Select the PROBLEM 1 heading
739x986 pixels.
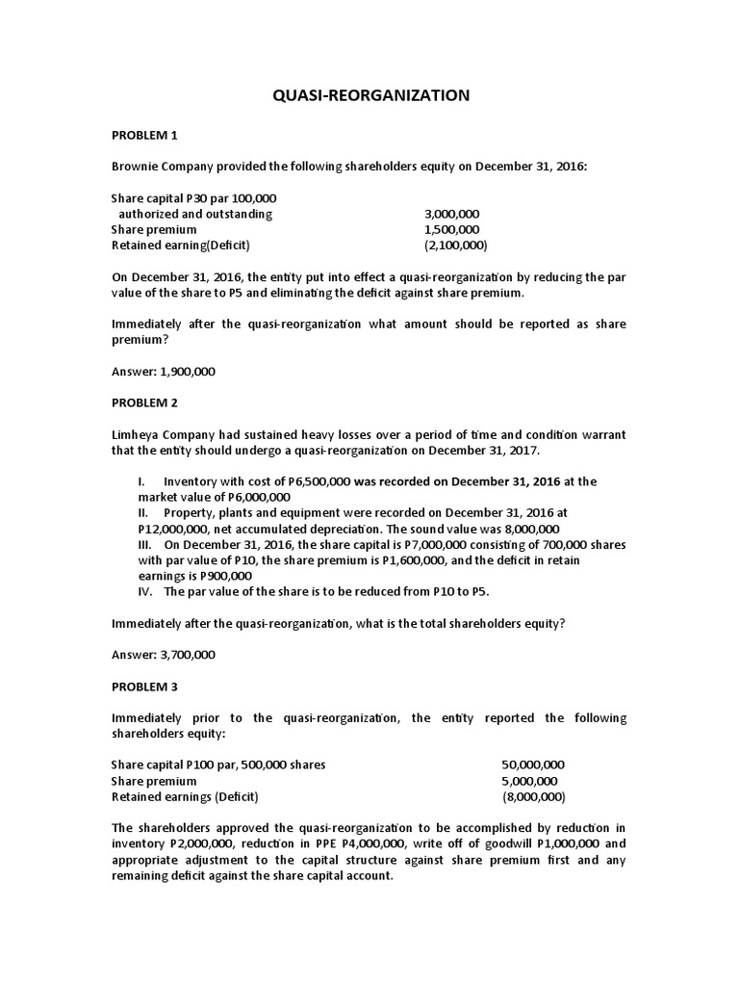pos(144,135)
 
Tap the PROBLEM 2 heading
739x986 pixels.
pos(144,402)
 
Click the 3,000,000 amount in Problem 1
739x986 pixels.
pos(451,214)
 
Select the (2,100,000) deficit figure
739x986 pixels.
pos(455,245)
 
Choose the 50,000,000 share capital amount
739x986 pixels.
pos(533,765)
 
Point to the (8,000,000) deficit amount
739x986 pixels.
pos(533,797)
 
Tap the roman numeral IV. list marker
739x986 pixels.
pos(147,591)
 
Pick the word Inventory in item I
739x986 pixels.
pos(193,481)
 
